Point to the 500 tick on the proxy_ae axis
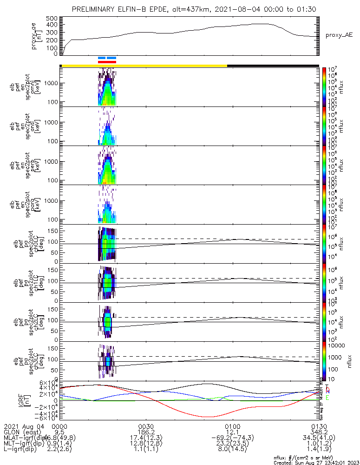52,19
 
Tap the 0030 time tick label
146,425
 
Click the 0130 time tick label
319,425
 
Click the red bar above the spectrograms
107,61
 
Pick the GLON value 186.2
146,432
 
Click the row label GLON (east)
21,432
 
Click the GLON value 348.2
319,432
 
